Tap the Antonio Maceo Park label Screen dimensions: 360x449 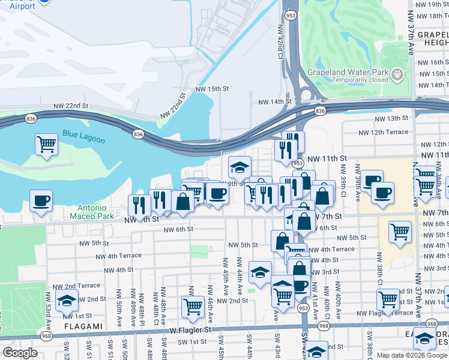click(91, 211)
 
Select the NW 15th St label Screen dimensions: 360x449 click(212, 88)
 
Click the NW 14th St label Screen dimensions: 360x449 click(274, 102)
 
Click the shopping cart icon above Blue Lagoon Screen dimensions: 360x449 click(46, 144)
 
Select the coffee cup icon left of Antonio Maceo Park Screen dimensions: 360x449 click(41, 201)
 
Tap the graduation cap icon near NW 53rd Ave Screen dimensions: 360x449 click(67, 299)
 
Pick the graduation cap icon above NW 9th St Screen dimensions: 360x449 click(240, 167)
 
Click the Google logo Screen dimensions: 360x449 click(20, 353)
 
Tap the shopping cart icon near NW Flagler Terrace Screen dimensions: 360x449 click(388, 298)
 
